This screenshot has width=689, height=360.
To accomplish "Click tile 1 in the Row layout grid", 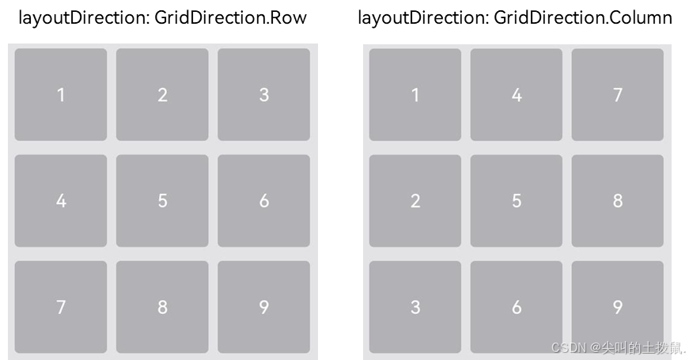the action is pyautogui.click(x=61, y=95).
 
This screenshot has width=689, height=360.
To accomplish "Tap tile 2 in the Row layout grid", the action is pyautogui.click(x=162, y=95).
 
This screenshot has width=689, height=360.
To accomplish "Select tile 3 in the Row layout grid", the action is pyautogui.click(x=263, y=95).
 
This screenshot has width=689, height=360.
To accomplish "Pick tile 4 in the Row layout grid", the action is pyautogui.click(x=61, y=201).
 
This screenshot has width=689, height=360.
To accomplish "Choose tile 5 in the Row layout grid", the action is pyautogui.click(x=162, y=201).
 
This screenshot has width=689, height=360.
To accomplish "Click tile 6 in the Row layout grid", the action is pyautogui.click(x=263, y=201).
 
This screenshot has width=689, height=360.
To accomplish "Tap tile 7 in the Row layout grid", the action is pyautogui.click(x=61, y=307).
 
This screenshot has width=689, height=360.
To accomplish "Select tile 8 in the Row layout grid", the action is pyautogui.click(x=162, y=307).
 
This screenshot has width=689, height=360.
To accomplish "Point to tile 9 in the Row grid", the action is pyautogui.click(x=263, y=307).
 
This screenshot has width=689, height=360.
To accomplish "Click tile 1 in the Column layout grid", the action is pyautogui.click(x=415, y=95).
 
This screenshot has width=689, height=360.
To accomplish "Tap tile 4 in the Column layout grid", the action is pyautogui.click(x=517, y=95).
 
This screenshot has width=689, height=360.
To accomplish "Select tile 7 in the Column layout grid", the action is pyautogui.click(x=618, y=95).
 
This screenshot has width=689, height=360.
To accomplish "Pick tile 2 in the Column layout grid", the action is pyautogui.click(x=415, y=201).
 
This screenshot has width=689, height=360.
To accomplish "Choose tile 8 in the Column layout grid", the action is pyautogui.click(x=618, y=201).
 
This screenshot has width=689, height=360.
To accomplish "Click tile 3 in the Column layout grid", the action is pyautogui.click(x=415, y=307).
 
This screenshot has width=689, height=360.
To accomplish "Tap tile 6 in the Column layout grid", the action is pyautogui.click(x=517, y=307).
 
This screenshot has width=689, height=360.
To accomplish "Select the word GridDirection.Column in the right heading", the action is pyautogui.click(x=583, y=17).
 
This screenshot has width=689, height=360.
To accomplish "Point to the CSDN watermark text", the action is pyautogui.click(x=618, y=347).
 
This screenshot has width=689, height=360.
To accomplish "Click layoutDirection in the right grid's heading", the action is pyautogui.click(x=420, y=17).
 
